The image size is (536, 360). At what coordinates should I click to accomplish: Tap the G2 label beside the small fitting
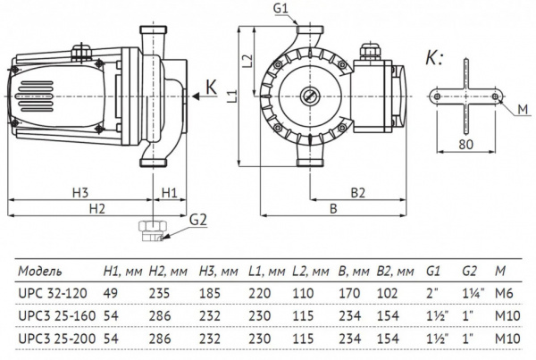pyautogui.click(x=198, y=219)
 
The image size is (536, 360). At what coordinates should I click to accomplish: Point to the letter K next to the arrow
pyautogui.click(x=212, y=88)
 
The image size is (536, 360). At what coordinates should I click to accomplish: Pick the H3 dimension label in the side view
pyautogui.click(x=80, y=191)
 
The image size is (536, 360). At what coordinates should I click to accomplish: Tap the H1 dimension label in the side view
pyautogui.click(x=170, y=191)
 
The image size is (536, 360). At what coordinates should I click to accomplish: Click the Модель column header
pyautogui.click(x=40, y=269)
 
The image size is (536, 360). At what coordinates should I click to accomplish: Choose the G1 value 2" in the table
pyautogui.click(x=433, y=292)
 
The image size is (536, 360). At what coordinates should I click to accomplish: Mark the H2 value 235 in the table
pyautogui.click(x=159, y=292)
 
